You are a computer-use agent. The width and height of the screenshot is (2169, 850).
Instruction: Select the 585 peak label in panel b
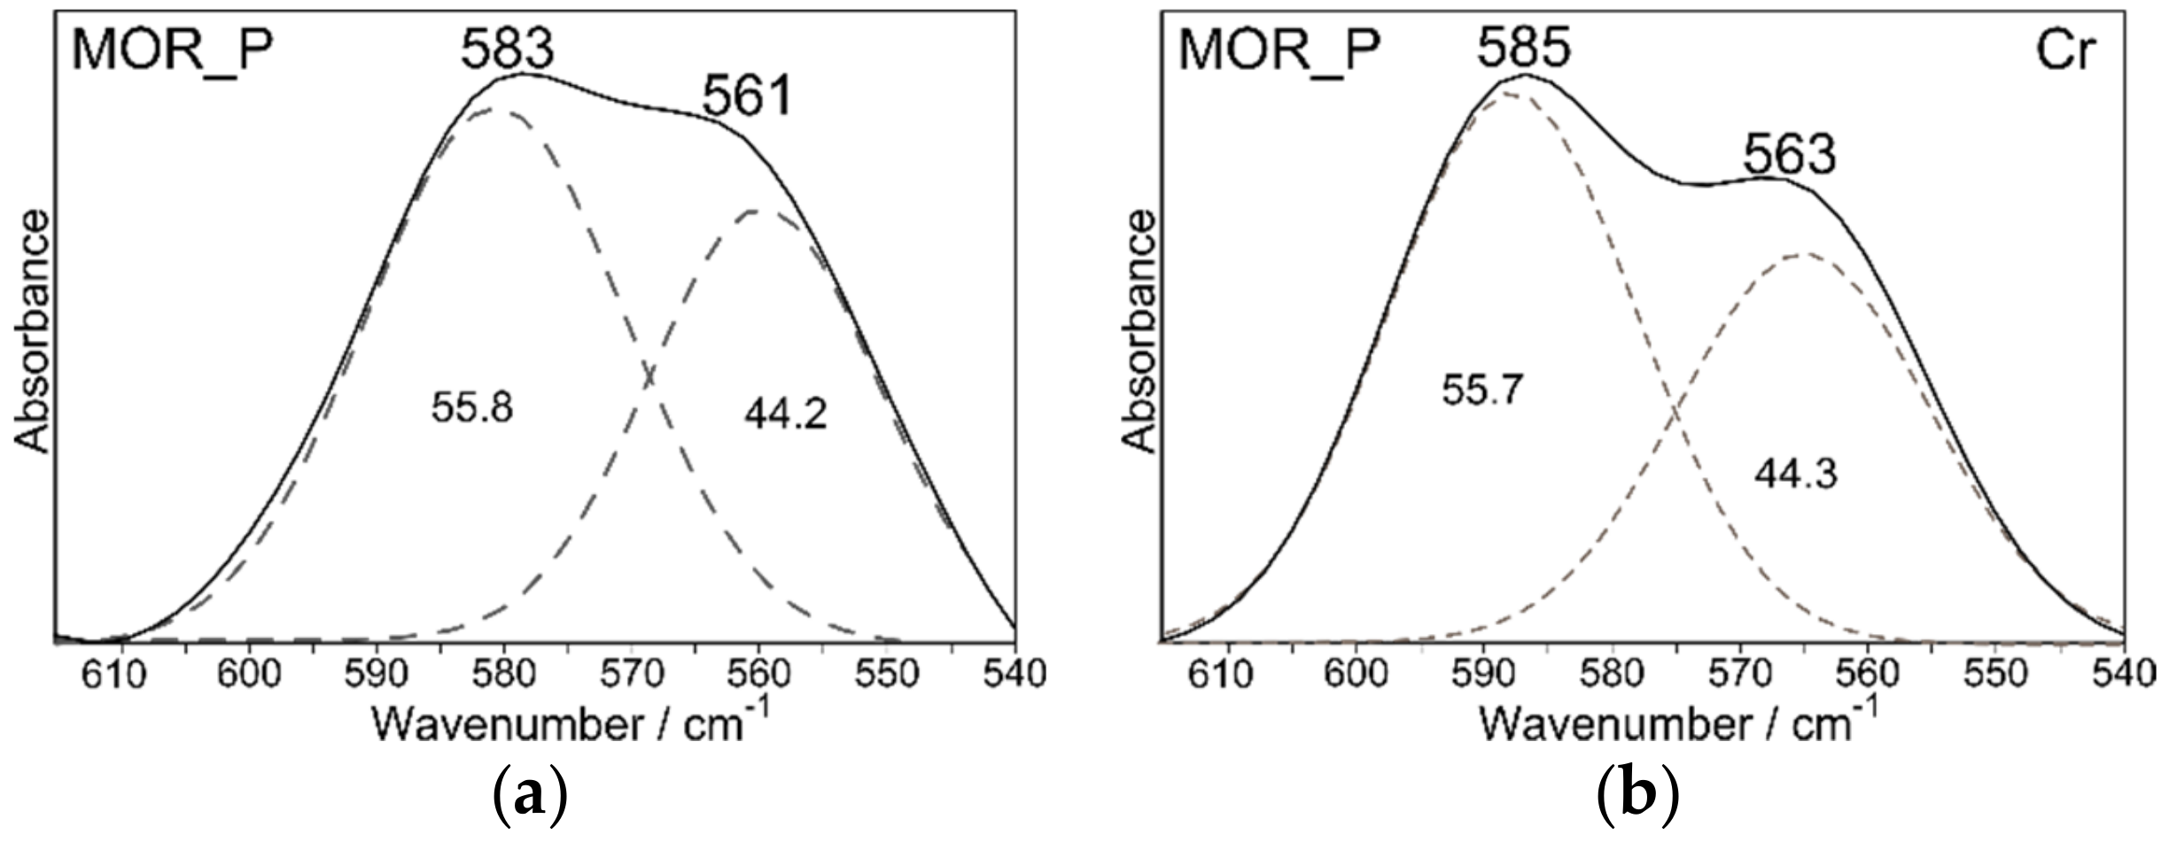[1523, 48]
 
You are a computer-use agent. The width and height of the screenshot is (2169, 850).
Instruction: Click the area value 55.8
[472, 409]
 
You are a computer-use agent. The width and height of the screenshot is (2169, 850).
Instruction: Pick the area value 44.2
[785, 413]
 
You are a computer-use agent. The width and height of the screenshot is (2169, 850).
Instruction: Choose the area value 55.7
[1482, 390]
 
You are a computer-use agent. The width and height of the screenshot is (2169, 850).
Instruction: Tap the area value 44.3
[1795, 475]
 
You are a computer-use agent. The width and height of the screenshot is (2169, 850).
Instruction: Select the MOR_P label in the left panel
[171, 50]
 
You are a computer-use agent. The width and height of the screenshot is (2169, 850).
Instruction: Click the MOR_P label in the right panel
[1278, 50]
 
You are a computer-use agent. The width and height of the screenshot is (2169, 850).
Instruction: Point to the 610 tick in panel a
[122, 674]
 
